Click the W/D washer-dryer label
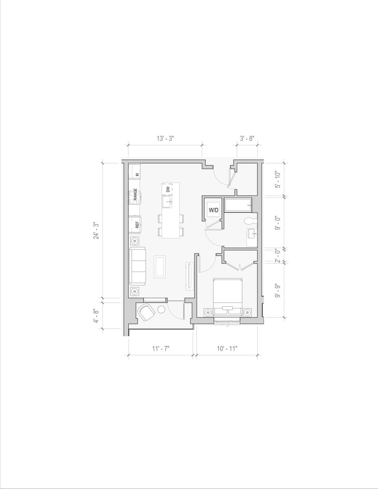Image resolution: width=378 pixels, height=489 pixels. point(213,210)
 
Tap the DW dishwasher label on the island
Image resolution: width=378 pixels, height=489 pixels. point(168,189)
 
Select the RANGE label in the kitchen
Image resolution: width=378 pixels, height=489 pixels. point(135,195)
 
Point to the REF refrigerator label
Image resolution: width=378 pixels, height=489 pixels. point(137,225)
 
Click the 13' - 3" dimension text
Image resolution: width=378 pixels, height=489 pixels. point(165,139)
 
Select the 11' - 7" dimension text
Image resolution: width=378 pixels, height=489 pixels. point(161,348)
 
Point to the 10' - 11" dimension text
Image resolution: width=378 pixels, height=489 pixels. point(227,348)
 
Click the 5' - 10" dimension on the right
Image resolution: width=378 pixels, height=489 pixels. point(278,180)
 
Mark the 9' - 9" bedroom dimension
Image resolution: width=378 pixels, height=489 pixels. point(278,290)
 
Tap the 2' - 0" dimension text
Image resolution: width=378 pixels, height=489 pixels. point(278,256)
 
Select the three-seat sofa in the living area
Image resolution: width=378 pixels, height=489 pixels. point(138,266)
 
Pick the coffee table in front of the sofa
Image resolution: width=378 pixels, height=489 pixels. point(160,266)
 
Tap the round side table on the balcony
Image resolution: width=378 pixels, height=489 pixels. point(162,310)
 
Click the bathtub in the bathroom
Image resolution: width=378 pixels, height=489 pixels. point(238,206)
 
